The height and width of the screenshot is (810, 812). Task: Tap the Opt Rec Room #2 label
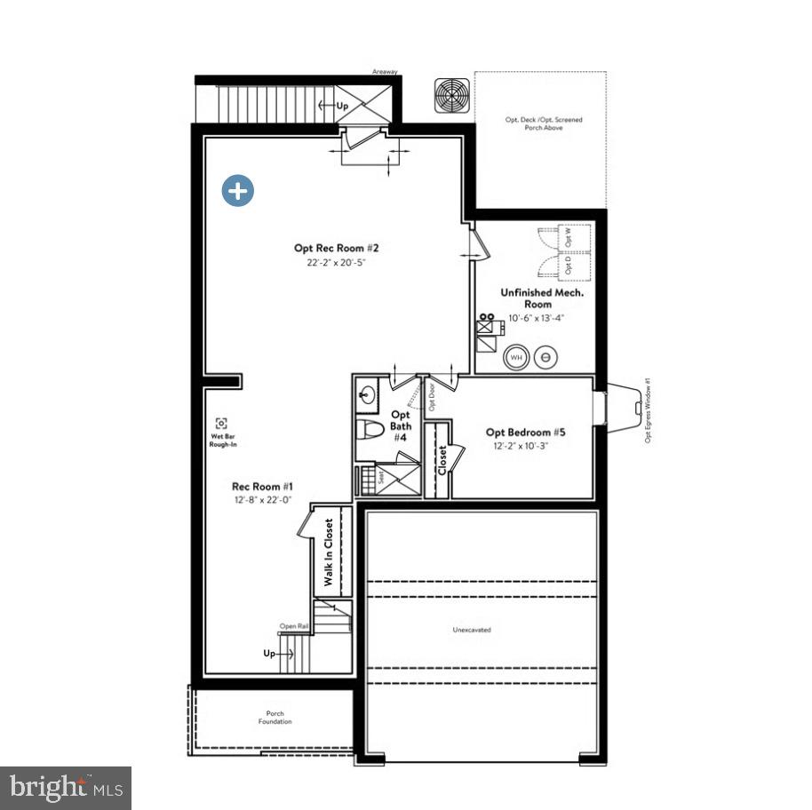point(330,249)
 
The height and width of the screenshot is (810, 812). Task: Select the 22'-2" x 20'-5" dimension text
point(330,263)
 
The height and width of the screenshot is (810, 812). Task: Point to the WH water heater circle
point(516,358)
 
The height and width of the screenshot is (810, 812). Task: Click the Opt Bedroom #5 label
point(525,433)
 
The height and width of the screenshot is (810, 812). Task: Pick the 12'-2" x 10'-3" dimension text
point(521,446)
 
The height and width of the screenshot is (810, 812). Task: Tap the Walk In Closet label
point(329,552)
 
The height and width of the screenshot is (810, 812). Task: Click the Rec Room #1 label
point(263,486)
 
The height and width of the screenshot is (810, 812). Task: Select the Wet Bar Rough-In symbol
point(221,424)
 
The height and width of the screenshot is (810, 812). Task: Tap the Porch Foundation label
point(275,717)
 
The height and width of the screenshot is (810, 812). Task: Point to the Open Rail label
point(294,626)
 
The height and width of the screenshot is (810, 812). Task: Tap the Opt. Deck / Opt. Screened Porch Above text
point(538,123)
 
